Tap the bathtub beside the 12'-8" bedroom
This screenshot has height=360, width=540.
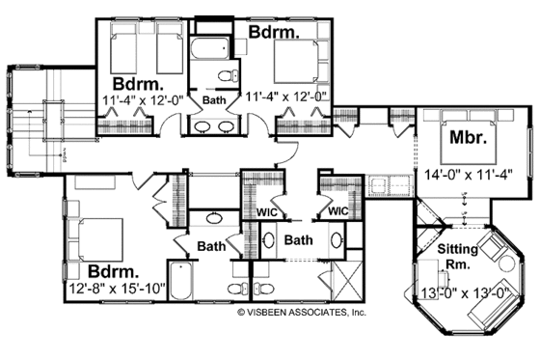pyautogui.click(x=181, y=276)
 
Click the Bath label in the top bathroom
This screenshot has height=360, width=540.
pyautogui.click(x=213, y=98)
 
